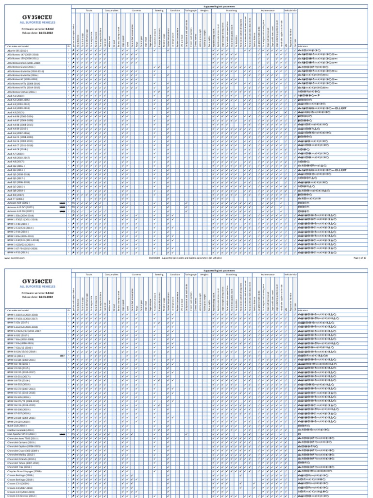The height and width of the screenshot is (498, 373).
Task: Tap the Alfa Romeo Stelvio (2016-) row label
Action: [22, 92]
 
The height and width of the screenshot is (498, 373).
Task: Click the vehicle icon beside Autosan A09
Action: [62, 203]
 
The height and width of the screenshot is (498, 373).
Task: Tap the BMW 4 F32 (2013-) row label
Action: [17, 252]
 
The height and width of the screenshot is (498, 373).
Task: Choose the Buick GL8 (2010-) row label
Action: [17, 426]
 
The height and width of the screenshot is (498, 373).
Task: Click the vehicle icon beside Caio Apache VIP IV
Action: [62, 434]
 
